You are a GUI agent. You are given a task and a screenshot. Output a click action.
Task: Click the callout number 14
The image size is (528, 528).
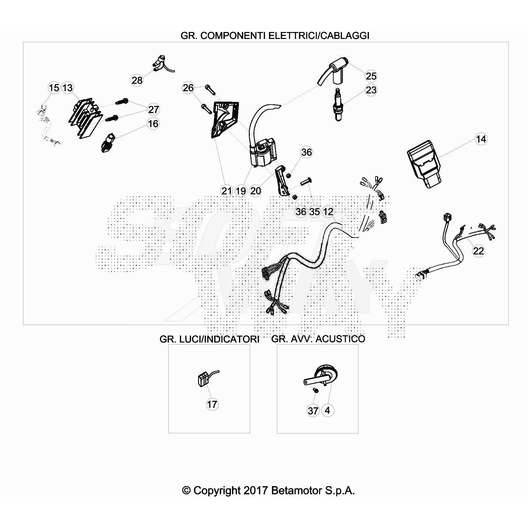click(x=481, y=139)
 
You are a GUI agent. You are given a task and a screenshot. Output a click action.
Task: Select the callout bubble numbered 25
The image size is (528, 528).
click(x=371, y=76)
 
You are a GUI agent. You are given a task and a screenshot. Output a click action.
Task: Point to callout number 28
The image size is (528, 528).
click(x=137, y=80)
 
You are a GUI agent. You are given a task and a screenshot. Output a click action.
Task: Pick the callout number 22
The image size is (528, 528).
click(x=478, y=251)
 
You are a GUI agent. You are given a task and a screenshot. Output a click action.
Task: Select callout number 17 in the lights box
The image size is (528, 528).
click(x=212, y=404)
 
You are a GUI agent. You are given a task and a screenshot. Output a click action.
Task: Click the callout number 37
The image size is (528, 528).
click(x=313, y=411)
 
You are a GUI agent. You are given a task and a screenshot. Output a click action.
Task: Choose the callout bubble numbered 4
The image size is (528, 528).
click(x=327, y=410)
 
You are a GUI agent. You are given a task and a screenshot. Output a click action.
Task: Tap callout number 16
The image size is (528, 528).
click(x=153, y=124)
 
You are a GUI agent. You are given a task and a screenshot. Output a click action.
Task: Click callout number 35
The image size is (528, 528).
click(x=314, y=212)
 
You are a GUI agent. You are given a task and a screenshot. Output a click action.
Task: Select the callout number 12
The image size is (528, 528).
click(x=328, y=212)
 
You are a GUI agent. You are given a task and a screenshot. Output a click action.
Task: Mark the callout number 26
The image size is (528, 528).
click(x=188, y=88)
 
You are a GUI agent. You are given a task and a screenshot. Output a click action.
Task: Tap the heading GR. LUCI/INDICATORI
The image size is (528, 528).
click(x=209, y=339)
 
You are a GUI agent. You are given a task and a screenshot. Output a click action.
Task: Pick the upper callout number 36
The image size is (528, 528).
click(x=307, y=152)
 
